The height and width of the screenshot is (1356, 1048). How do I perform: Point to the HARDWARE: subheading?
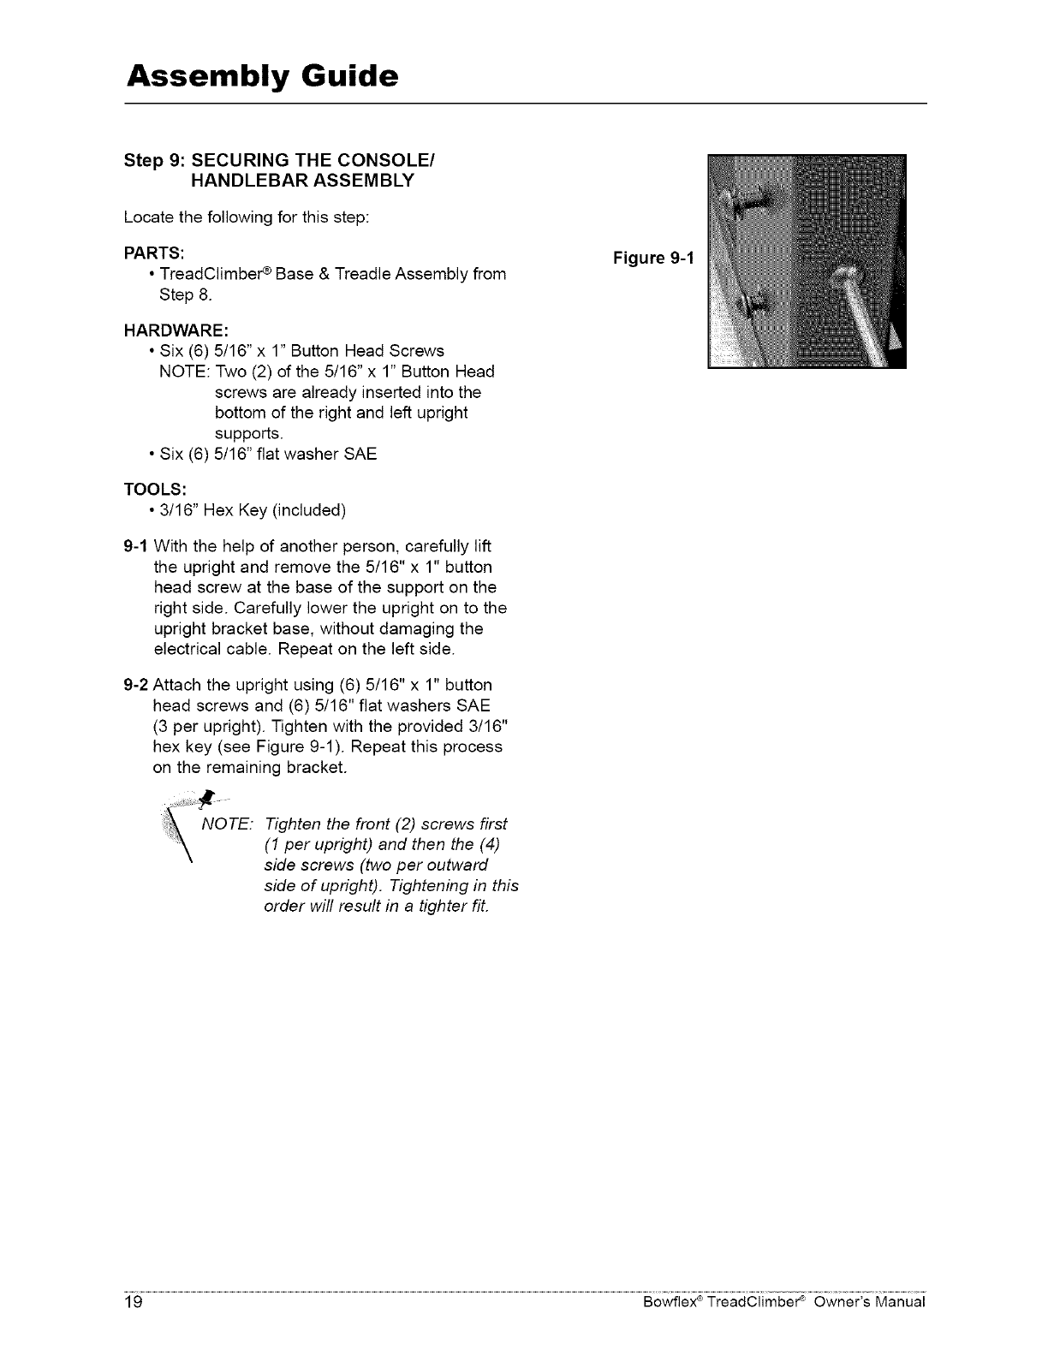coord(176,330)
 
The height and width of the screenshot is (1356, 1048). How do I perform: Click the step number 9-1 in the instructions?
coord(136,547)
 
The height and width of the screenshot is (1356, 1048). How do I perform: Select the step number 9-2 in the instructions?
coord(136,685)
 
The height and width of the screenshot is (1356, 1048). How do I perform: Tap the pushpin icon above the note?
coord(205,800)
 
